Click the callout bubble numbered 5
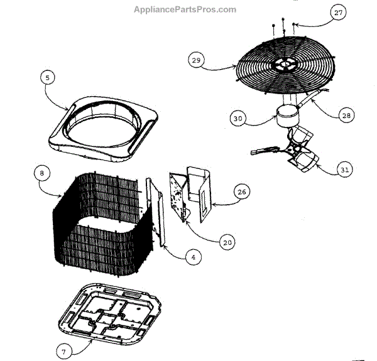pyautogui.click(x=47, y=78)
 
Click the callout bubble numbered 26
pyautogui.click(x=243, y=191)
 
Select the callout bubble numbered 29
pyautogui.click(x=196, y=60)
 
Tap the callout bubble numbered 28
pyautogui.click(x=347, y=116)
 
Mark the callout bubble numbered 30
pyautogui.click(x=238, y=117)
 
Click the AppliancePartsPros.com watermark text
pyautogui.click(x=185, y=9)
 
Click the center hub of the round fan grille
pyautogui.click(x=285, y=63)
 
